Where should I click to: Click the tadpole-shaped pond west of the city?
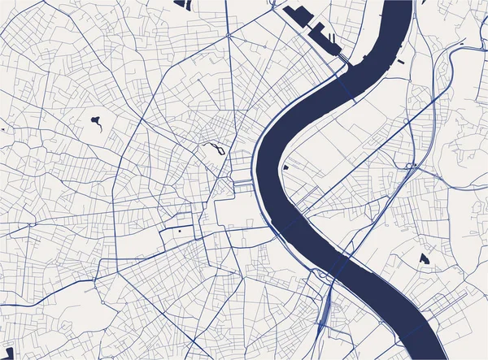pos(97,123)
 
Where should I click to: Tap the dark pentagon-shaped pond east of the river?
pos(424,259)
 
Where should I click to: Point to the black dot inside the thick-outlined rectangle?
pos(179,230)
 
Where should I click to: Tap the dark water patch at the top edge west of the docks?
pos(184,4)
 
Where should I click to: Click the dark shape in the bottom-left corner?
pos(9,353)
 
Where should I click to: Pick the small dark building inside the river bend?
pos(286,167)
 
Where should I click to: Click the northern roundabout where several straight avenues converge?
pos(229,37)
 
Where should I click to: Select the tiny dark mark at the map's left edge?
pos(2,129)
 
